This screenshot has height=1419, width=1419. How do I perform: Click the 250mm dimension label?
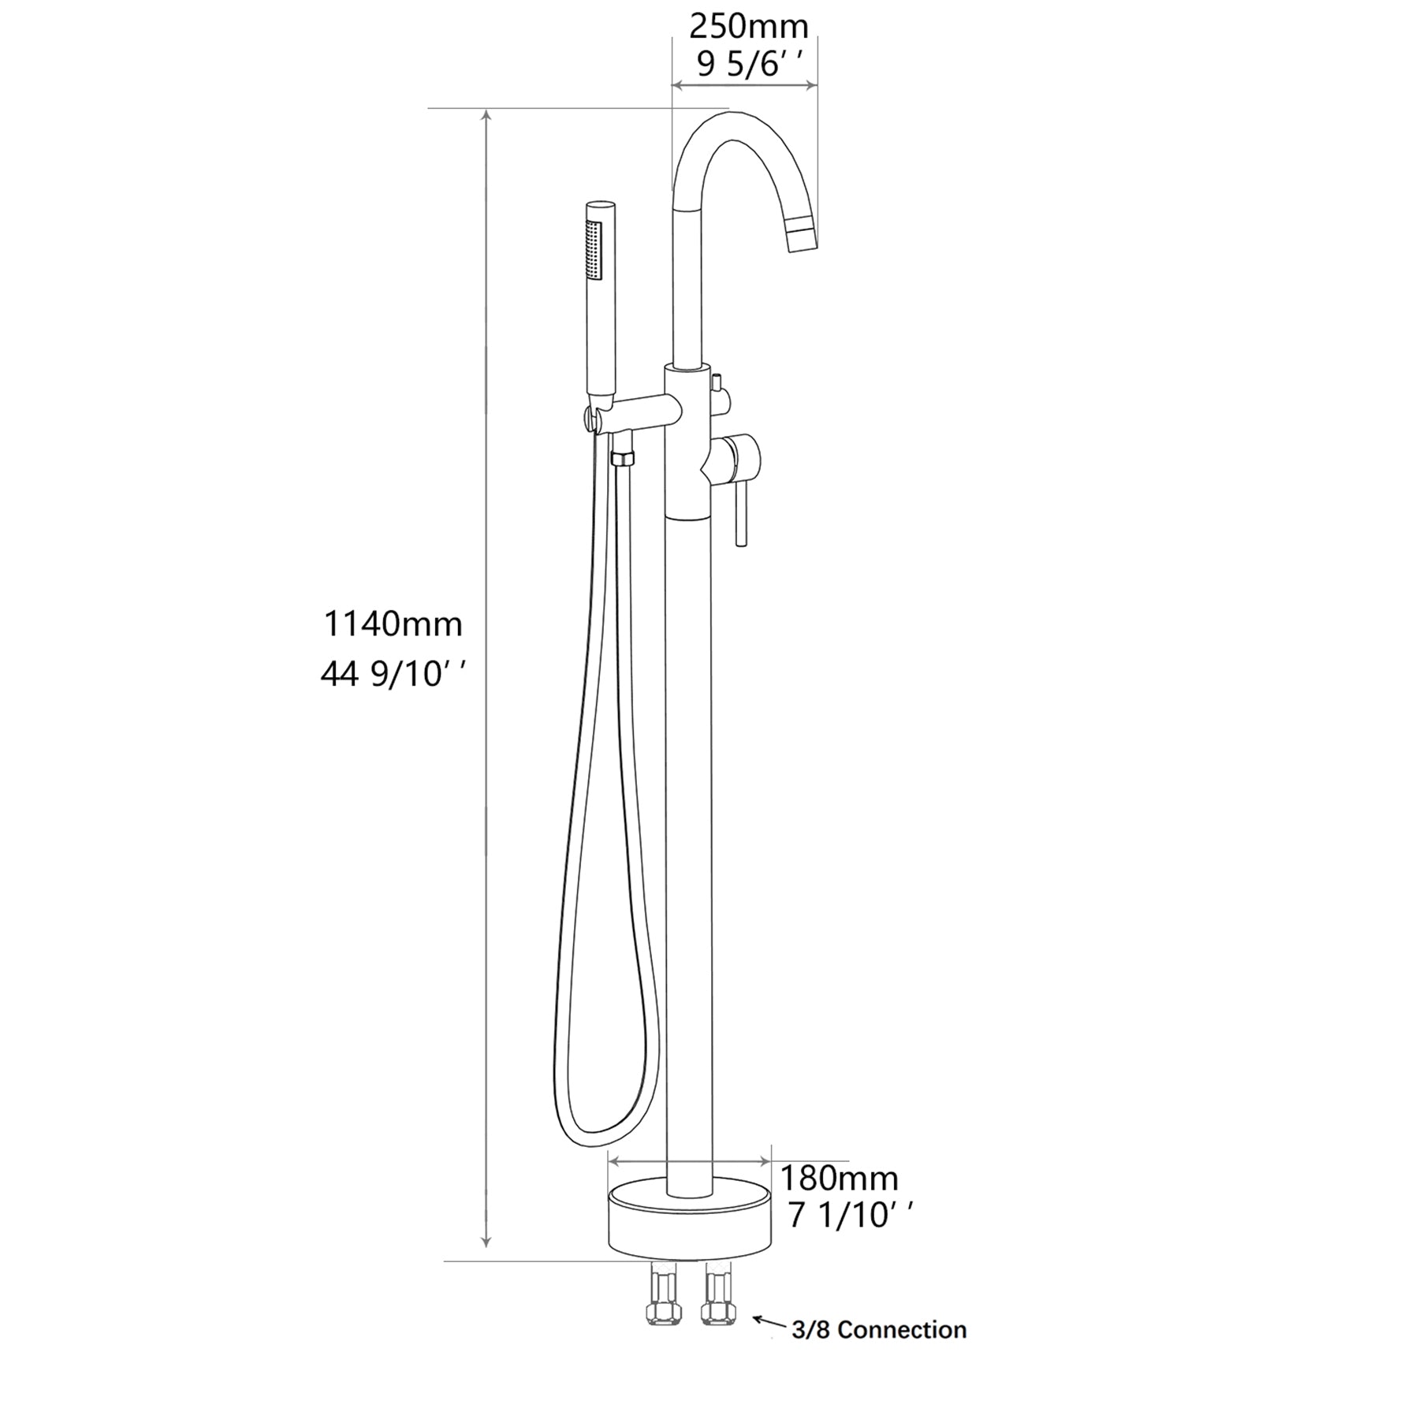coord(748,28)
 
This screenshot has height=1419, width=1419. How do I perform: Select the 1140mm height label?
coord(393,624)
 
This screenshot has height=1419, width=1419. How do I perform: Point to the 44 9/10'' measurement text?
coord(393,674)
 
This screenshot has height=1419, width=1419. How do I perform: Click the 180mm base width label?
coord(839,1179)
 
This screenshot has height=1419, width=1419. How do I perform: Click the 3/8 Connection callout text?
coord(878,1330)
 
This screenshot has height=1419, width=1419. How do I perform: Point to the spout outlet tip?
coord(802,239)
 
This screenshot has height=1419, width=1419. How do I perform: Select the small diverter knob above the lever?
coord(717,384)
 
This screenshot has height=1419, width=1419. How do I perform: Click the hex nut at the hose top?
coord(623,459)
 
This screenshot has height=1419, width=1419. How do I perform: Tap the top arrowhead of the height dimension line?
coord(487,118)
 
